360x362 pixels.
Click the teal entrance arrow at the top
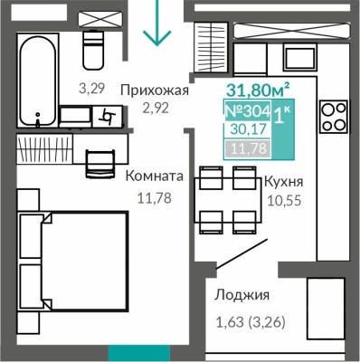[x=158, y=24]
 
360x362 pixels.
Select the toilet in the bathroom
[x=94, y=49]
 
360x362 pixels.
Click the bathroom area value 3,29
[x=90, y=88]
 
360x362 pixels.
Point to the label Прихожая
[x=158, y=90]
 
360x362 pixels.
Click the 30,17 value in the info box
[x=245, y=130]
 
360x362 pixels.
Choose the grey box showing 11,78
[x=245, y=148]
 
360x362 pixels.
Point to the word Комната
[x=155, y=177]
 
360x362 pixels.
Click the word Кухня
[x=282, y=181]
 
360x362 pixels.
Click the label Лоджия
[x=242, y=295]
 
